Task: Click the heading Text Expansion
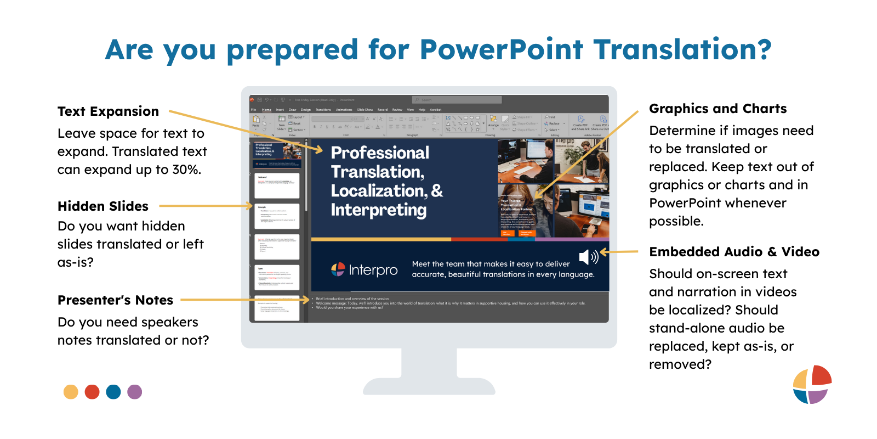(x=108, y=111)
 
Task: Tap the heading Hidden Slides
(x=103, y=206)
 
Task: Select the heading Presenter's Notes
(x=115, y=300)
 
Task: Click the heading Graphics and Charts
(x=717, y=109)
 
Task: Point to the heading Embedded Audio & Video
(x=734, y=252)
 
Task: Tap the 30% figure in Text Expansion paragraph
(x=186, y=170)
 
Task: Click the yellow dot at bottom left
(x=71, y=392)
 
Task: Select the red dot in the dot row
(x=92, y=392)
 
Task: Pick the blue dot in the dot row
(x=113, y=392)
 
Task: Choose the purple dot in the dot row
(x=134, y=392)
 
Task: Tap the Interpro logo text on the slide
(x=373, y=270)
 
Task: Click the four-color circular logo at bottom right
(x=812, y=384)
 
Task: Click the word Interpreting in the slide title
(x=378, y=210)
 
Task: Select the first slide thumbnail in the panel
(x=277, y=155)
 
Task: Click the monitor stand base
(x=429, y=387)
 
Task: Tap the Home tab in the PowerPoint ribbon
(x=266, y=110)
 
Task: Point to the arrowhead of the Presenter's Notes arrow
(x=307, y=300)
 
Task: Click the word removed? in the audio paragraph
(x=680, y=364)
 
